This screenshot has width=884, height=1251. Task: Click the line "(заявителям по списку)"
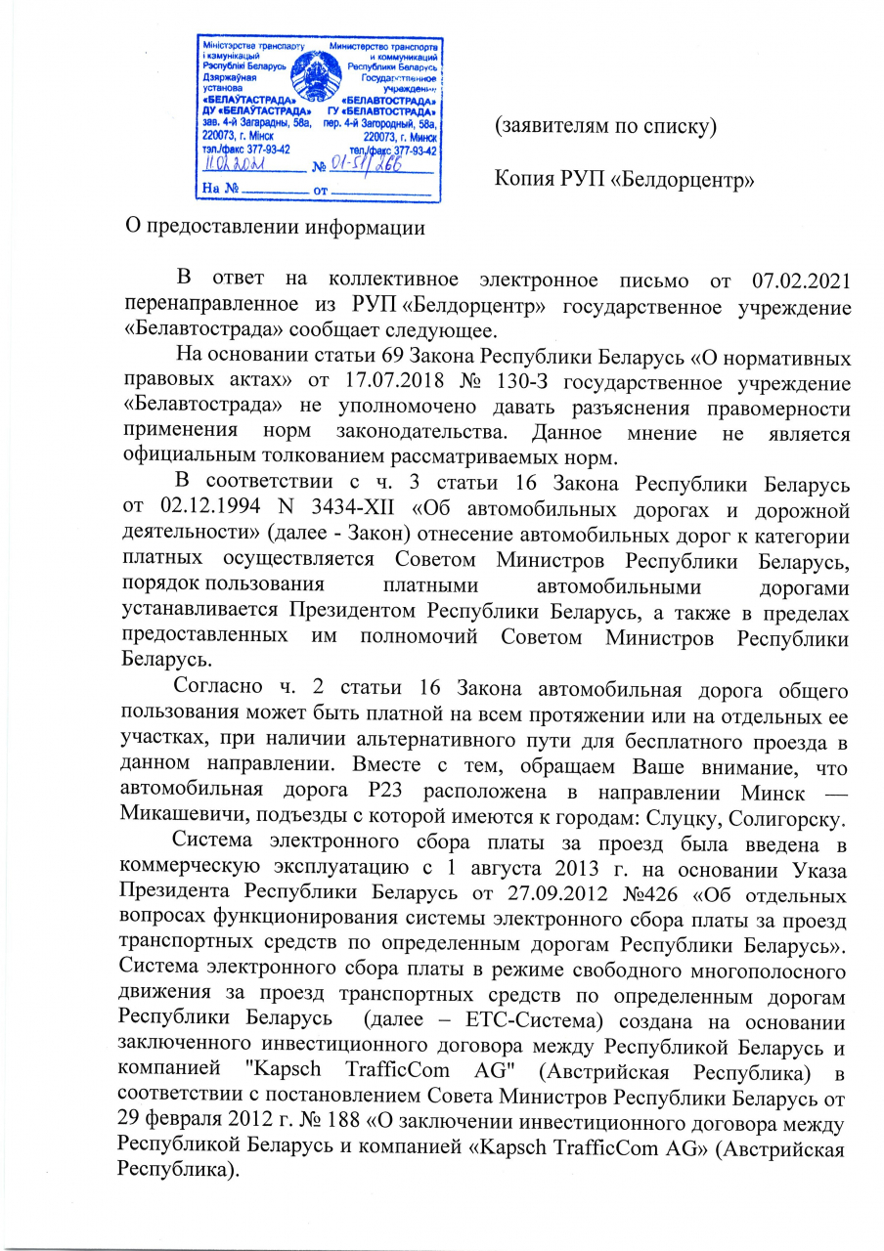(x=605, y=126)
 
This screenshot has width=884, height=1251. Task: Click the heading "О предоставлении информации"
(x=279, y=227)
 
